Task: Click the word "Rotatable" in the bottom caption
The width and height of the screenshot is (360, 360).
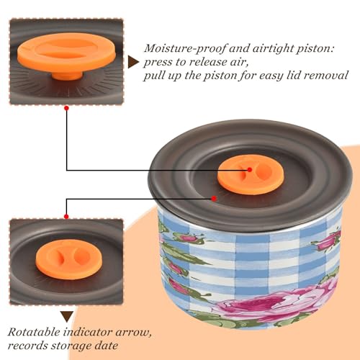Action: coord(34,332)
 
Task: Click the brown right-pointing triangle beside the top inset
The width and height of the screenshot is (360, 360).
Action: coord(133,62)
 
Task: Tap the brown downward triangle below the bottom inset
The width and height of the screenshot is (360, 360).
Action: coord(67,317)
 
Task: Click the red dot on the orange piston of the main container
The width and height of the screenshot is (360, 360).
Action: coord(250,170)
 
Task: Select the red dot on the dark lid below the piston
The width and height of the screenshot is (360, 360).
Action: coord(214,199)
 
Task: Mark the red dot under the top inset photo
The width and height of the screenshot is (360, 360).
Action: coord(67,108)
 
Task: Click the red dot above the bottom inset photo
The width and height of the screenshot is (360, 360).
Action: coord(66,217)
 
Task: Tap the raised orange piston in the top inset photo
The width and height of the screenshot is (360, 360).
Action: coord(67,52)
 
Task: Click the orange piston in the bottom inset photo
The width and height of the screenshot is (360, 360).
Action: coord(69,259)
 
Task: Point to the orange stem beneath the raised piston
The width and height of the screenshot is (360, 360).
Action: coord(67,75)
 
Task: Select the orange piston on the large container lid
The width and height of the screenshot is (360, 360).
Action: coord(251,174)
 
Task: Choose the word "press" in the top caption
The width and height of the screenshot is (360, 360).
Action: coord(158,63)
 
